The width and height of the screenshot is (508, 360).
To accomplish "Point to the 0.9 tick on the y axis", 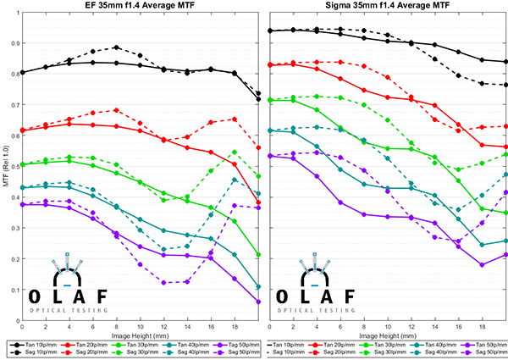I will click(14, 42).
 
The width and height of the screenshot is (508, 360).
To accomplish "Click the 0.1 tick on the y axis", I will click(14, 290).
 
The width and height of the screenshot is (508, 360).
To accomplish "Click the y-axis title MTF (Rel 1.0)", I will click(6, 165).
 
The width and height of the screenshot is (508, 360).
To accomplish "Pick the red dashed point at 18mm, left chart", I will click(235, 119).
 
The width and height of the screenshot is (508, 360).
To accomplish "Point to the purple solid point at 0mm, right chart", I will click(269, 156).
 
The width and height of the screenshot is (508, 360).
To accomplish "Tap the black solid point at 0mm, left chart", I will click(21, 72).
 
